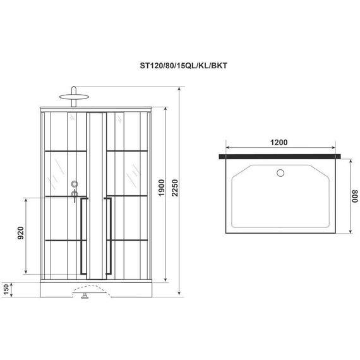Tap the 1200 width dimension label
(282, 141)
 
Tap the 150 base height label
(6, 289)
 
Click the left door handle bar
(82, 236)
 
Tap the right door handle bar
(110, 236)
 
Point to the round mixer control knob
(75, 184)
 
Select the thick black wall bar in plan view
(282, 155)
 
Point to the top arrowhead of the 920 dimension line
(27, 198)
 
